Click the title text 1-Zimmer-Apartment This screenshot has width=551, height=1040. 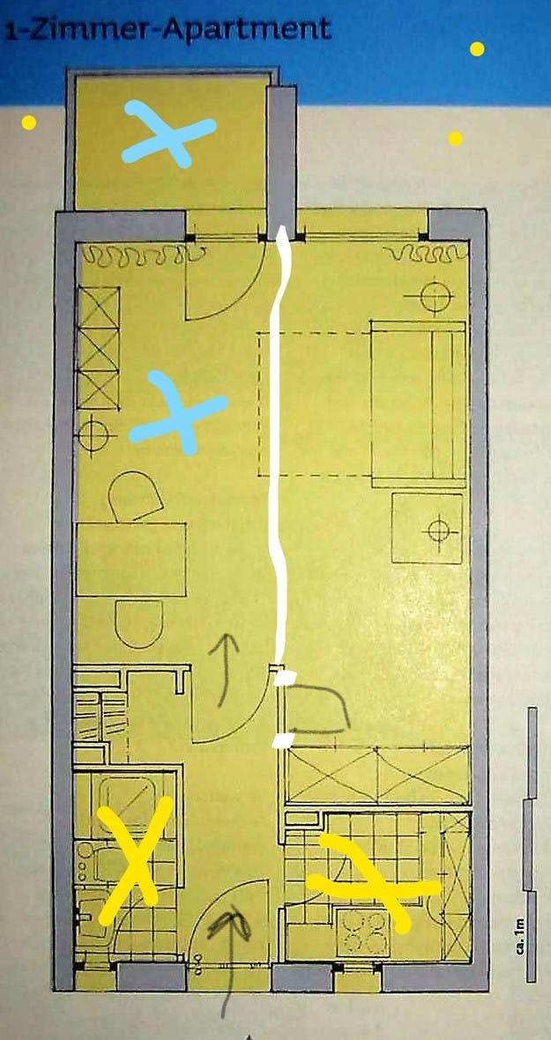(x=168, y=28)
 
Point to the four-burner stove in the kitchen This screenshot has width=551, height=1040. (x=362, y=932)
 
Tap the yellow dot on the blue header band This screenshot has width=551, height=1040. (x=477, y=48)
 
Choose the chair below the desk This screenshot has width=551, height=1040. (x=138, y=623)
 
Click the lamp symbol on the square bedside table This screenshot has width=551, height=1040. (x=438, y=530)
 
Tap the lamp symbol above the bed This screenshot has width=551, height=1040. (x=436, y=296)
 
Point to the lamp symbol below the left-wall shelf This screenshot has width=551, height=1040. (x=93, y=435)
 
